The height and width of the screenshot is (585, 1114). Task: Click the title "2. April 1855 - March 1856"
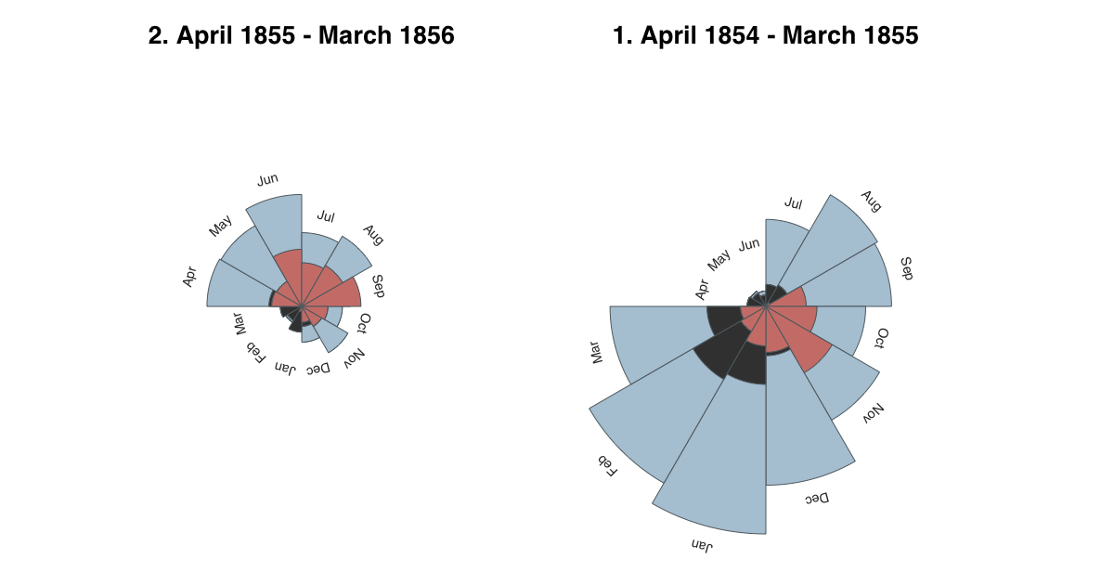pyautogui.click(x=302, y=36)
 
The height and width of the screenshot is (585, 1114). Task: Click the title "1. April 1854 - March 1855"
pyautogui.click(x=766, y=36)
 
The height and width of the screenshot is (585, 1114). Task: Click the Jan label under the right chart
pyautogui.click(x=702, y=545)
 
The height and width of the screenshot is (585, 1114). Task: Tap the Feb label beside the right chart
pyautogui.click(x=607, y=466)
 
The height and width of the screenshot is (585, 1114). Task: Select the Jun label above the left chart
pyautogui.click(x=267, y=179)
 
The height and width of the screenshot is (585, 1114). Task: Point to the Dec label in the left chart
pyautogui.click(x=317, y=370)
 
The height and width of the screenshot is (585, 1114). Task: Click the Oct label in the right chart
pyautogui.click(x=882, y=338)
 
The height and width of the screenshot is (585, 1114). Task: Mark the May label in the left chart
pyautogui.click(x=220, y=226)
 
